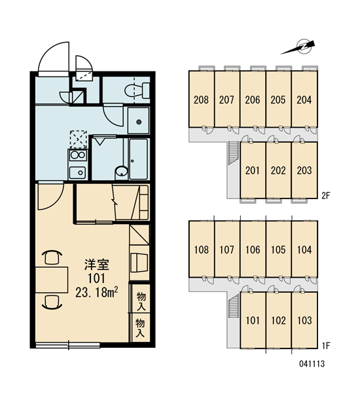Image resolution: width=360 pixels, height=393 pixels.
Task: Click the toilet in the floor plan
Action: pos(137,91)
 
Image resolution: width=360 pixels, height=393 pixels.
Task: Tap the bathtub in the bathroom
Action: pos(139,159)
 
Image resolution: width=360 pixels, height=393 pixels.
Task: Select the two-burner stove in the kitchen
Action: pos(78,155)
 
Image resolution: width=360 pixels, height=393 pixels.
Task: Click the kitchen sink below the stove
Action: pos(78,173)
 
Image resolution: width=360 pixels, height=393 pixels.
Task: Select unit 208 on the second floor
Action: pos(202,100)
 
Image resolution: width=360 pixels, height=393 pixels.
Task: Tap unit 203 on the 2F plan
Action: pos(304,170)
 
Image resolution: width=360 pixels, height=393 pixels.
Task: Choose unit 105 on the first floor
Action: pos(278,250)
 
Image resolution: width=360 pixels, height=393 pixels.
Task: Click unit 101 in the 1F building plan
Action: pos(253,320)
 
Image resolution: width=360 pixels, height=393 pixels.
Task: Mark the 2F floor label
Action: pos(326,195)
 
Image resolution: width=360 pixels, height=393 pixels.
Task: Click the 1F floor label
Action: pos(326,346)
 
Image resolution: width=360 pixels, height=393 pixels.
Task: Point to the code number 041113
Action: pos(312,364)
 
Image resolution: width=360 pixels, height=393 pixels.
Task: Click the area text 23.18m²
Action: pos(97,292)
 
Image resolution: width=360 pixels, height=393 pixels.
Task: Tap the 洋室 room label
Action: pos(97,265)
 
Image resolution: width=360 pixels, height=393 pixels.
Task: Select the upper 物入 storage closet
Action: pos(141,298)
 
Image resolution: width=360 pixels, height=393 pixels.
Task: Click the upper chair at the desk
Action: pos(53,257)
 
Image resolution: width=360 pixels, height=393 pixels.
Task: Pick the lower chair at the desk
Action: pos(52,302)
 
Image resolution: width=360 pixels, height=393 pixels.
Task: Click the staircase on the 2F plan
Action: pos(234,153)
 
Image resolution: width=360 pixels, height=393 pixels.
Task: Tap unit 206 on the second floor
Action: pos(253,100)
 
